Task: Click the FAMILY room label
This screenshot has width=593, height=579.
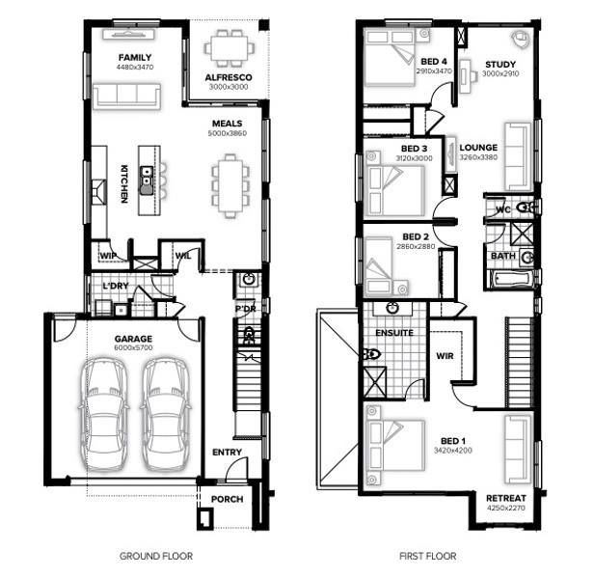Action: pyautogui.click(x=135, y=58)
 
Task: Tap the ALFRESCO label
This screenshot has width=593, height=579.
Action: pyautogui.click(x=229, y=77)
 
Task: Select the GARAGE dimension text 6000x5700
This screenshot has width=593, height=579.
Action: pyautogui.click(x=133, y=347)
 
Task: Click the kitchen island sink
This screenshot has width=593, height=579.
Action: pyautogui.click(x=147, y=180)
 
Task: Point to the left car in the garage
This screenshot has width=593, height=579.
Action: pyautogui.click(x=103, y=414)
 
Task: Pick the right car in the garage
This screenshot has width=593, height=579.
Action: pyautogui.click(x=166, y=414)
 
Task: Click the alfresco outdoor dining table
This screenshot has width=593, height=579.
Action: pyautogui.click(x=229, y=48)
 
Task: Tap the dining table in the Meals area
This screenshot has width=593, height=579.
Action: pyautogui.click(x=230, y=186)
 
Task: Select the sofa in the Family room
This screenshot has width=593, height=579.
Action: pyautogui.click(x=126, y=96)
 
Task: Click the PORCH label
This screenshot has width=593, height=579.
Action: pyautogui.click(x=227, y=500)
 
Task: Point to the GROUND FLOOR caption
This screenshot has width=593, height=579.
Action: pyautogui.click(x=156, y=556)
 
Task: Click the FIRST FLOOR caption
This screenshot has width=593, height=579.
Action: pyautogui.click(x=428, y=556)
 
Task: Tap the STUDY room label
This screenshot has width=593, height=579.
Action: pyautogui.click(x=500, y=65)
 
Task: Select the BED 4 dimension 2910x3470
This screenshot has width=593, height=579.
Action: pyautogui.click(x=434, y=70)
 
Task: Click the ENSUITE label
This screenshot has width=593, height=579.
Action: pyautogui.click(x=394, y=333)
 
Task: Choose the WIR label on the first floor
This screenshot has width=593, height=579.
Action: pyautogui.click(x=445, y=356)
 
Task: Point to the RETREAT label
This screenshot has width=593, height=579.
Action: pyautogui.click(x=506, y=498)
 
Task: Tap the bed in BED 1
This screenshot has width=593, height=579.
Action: pyautogui.click(x=394, y=446)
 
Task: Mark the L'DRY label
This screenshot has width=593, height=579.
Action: pyautogui.click(x=116, y=286)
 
